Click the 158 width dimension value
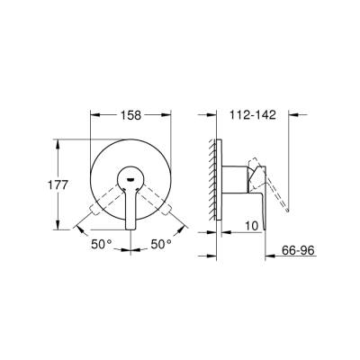tap(133, 116)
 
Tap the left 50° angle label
tap(101, 244)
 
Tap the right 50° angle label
tap(161, 244)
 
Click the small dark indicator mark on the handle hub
tap(132, 178)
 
